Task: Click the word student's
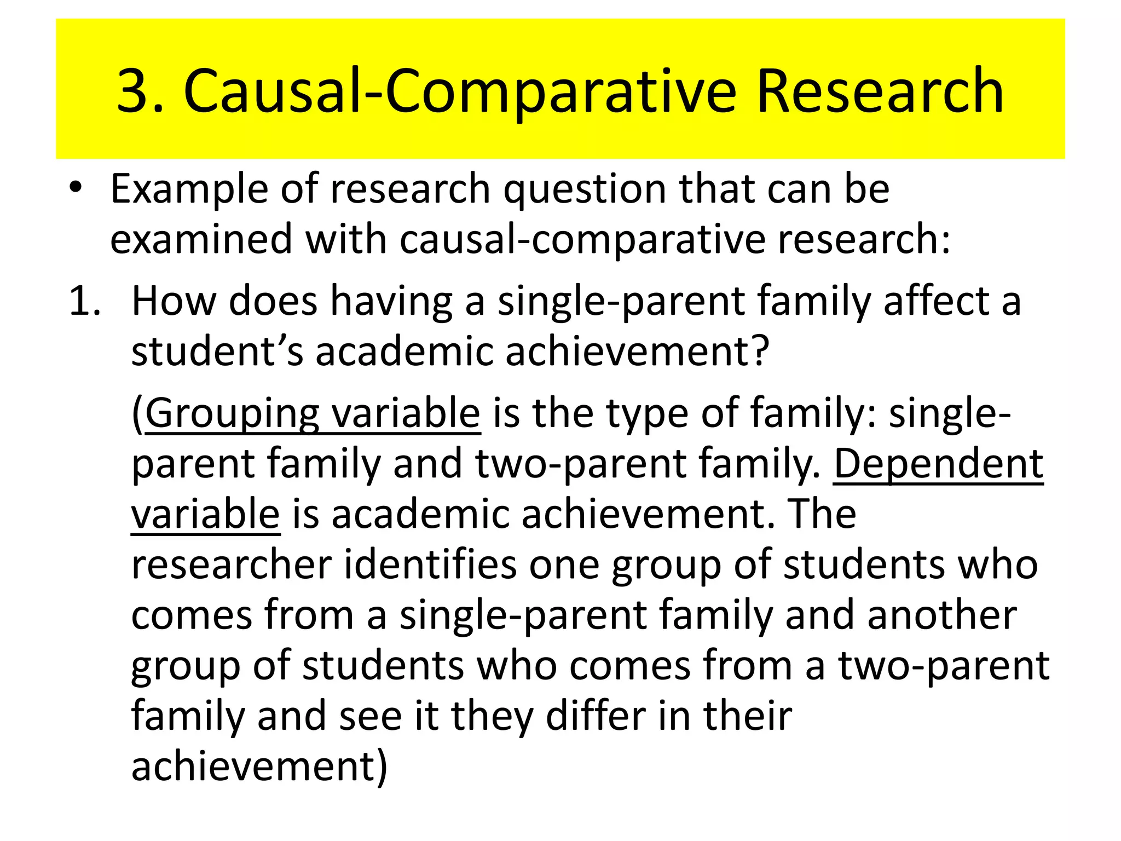217,351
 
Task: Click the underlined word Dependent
938,464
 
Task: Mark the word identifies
430,566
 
